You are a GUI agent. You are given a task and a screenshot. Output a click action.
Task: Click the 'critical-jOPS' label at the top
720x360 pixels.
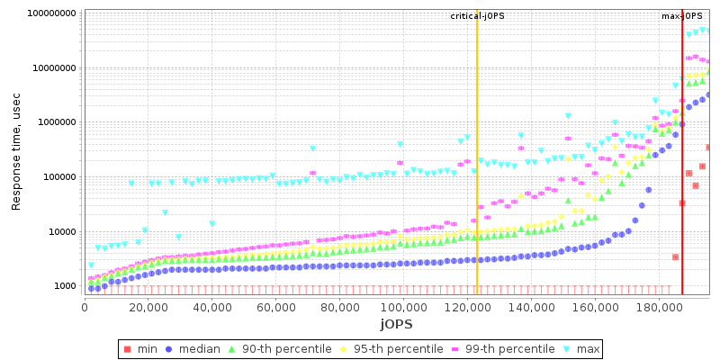pos(477,16)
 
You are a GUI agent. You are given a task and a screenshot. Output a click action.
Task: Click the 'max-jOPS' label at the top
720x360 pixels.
pos(682,16)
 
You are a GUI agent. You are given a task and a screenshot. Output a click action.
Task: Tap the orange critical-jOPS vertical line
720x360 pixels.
pos(477,180)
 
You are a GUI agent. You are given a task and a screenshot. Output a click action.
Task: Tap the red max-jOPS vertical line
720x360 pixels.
pos(682,180)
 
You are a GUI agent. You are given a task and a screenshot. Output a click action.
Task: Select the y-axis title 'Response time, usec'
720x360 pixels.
pos(16,151)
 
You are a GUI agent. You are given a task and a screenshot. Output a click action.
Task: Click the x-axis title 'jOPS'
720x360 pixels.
pos(396,323)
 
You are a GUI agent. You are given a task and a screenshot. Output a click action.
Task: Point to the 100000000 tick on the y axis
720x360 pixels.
pos(49,13)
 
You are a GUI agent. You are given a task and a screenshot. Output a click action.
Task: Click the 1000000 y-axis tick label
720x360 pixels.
pos(55,122)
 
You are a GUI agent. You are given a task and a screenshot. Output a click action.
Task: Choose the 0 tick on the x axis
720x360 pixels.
pos(85,305)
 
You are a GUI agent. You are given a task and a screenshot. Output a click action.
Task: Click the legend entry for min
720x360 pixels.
pos(144,349)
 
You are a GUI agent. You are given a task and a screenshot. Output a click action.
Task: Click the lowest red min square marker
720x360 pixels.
pos(675,257)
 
